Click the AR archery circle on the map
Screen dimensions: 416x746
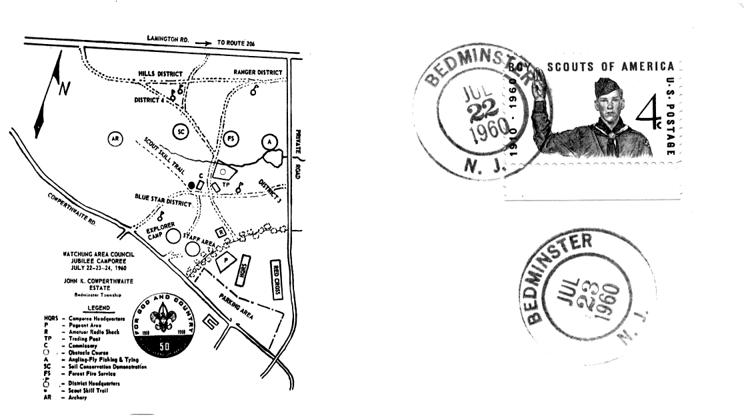tap(116, 139)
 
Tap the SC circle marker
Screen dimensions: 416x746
tap(181, 131)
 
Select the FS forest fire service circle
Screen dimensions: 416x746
tap(231, 139)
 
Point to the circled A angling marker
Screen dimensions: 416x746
tap(269, 141)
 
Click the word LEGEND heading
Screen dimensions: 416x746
tap(97, 309)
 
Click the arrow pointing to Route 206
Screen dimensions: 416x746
tap(203, 42)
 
